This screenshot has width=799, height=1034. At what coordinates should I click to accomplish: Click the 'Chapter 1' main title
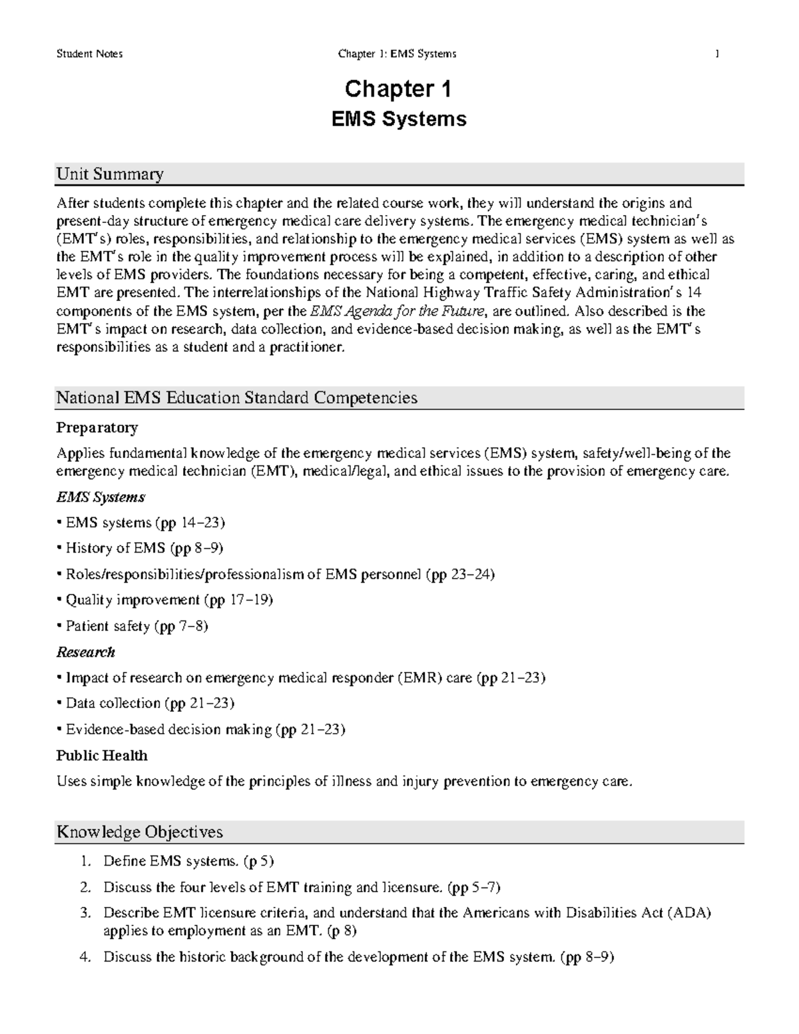click(398, 89)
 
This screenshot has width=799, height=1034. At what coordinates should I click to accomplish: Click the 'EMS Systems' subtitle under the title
click(398, 119)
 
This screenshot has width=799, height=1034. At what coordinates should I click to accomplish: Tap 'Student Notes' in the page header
click(89, 54)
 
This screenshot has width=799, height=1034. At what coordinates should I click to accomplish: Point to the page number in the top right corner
click(717, 54)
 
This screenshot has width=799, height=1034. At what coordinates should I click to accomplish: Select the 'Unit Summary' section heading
click(110, 174)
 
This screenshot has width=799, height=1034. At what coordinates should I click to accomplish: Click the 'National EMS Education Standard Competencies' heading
click(236, 398)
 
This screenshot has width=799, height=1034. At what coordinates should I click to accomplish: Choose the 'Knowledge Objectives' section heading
click(140, 832)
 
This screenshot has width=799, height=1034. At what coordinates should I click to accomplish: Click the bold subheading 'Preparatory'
click(97, 427)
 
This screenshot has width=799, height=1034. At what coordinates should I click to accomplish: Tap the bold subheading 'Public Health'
click(102, 756)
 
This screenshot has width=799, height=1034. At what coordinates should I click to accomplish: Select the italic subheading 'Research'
click(86, 652)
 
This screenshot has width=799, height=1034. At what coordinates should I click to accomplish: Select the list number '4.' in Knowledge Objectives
click(85, 957)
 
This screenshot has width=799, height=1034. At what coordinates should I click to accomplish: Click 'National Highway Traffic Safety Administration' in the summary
click(526, 293)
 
